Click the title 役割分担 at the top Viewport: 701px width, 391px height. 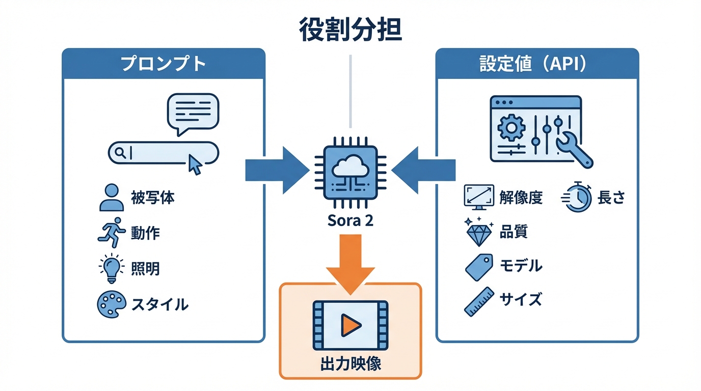pos(350,30)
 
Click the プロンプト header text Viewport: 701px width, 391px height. pos(163,64)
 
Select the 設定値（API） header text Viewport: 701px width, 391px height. pos(536,64)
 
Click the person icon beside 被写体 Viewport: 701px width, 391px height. pos(111,198)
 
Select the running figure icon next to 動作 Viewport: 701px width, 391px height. pos(111,232)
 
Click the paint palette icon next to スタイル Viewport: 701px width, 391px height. pos(111,303)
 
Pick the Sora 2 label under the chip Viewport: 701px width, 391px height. pos(350,222)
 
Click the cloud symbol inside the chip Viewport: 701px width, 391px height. pos(350,169)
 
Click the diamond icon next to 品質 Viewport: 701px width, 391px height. pos(479,233)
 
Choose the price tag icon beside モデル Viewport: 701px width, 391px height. pos(479,266)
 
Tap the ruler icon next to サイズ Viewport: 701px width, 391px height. pos(479,301)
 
